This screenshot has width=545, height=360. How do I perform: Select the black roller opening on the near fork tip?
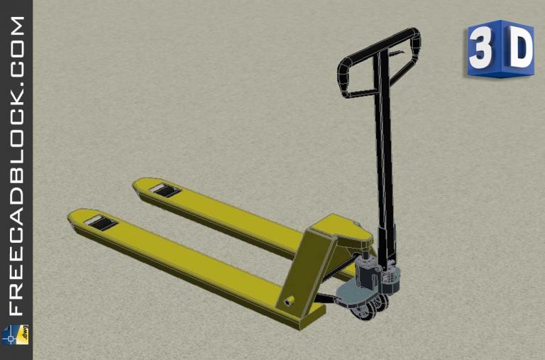[x=100, y=224]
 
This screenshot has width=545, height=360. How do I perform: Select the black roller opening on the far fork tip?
[x=163, y=190]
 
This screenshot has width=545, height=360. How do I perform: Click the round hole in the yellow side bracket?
[x=289, y=301]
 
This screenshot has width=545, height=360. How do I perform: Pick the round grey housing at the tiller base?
[x=391, y=277]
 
